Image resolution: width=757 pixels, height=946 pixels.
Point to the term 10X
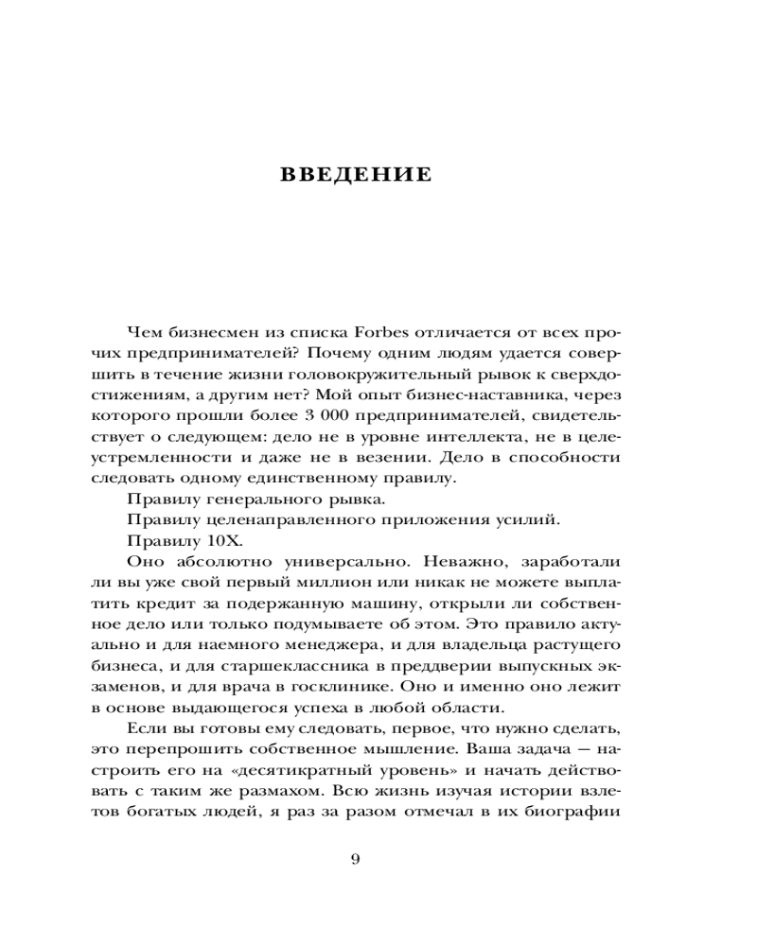(226, 540)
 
